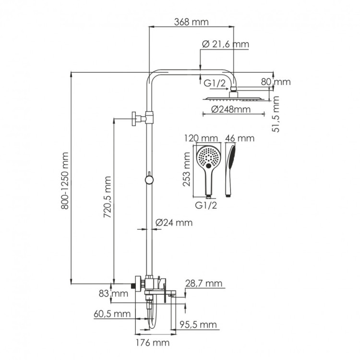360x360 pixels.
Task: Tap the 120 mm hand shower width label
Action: (199, 138)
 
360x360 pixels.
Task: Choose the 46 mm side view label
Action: (240, 138)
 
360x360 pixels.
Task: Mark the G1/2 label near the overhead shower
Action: (214, 83)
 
